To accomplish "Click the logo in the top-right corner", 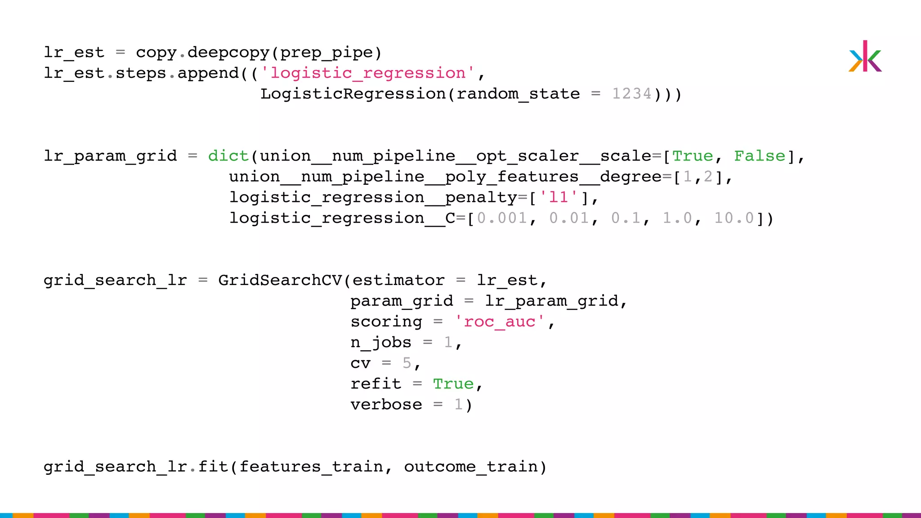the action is pyautogui.click(x=865, y=57).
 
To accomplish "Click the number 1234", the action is pyautogui.click(x=631, y=94).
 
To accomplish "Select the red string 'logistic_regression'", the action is pyautogui.click(x=367, y=73).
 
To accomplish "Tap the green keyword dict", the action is pyautogui.click(x=228, y=156).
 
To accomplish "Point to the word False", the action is pyautogui.click(x=760, y=156).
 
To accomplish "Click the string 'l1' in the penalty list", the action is pyautogui.click(x=559, y=197).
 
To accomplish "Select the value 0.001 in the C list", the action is pyautogui.click(x=501, y=218).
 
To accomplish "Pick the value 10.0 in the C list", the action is pyautogui.click(x=734, y=218).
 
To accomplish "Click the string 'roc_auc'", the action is pyautogui.click(x=500, y=322).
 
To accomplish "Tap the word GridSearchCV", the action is pyautogui.click(x=280, y=280).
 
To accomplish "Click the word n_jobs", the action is pyautogui.click(x=381, y=342).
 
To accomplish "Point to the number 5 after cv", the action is pyautogui.click(x=407, y=363).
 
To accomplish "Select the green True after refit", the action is pyautogui.click(x=453, y=384).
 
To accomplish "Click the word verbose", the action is pyautogui.click(x=386, y=404).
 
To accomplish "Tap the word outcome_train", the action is pyautogui.click(x=471, y=466).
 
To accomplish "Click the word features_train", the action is pyautogui.click(x=311, y=466).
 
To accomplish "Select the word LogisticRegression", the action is pyautogui.click(x=353, y=94).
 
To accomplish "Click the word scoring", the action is pyautogui.click(x=386, y=322).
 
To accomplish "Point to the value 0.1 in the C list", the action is pyautogui.click(x=626, y=218).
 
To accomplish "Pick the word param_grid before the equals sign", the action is pyautogui.click(x=402, y=301).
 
